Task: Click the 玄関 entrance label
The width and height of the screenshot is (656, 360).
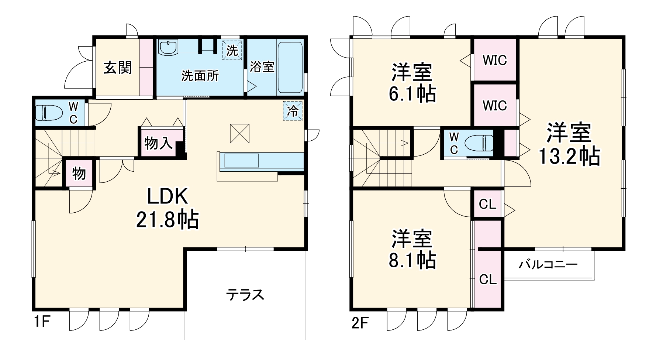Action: [117, 68]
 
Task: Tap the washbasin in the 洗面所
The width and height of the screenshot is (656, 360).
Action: [168, 47]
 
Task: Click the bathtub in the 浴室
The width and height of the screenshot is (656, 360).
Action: [290, 67]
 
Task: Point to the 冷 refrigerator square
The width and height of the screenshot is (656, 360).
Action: [293, 111]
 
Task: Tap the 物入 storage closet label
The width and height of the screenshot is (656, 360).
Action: [158, 143]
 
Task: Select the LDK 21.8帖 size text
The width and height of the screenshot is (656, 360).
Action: [168, 220]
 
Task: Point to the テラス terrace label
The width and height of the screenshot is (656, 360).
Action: [245, 295]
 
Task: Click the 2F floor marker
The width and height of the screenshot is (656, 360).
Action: [359, 323]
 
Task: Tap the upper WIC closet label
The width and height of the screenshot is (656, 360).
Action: [495, 60]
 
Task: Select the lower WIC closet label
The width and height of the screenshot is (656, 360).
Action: [495, 106]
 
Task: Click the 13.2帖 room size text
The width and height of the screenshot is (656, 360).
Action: [569, 157]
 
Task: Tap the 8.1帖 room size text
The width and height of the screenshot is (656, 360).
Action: [412, 261]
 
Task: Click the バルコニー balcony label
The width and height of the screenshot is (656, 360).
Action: [548, 265]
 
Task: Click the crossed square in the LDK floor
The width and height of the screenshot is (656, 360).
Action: [240, 133]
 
